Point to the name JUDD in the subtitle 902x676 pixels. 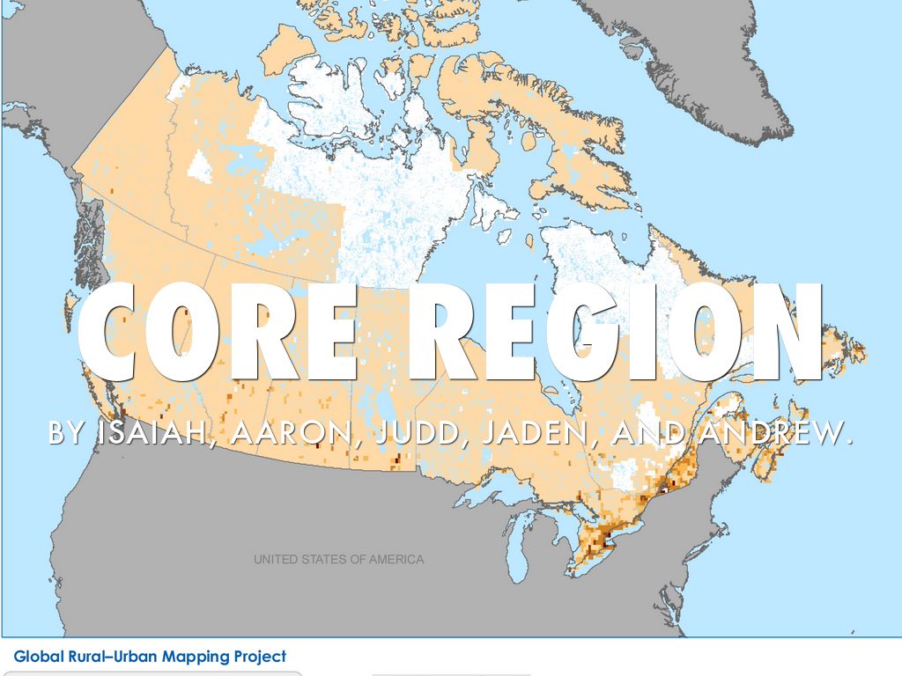[x=406, y=433]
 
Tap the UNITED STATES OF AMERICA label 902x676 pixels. [x=338, y=560]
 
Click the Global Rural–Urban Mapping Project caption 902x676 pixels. [x=150, y=657]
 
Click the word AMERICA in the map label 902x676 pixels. [x=396, y=560]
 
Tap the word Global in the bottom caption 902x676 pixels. [x=35, y=657]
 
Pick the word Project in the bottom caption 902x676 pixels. [x=260, y=657]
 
